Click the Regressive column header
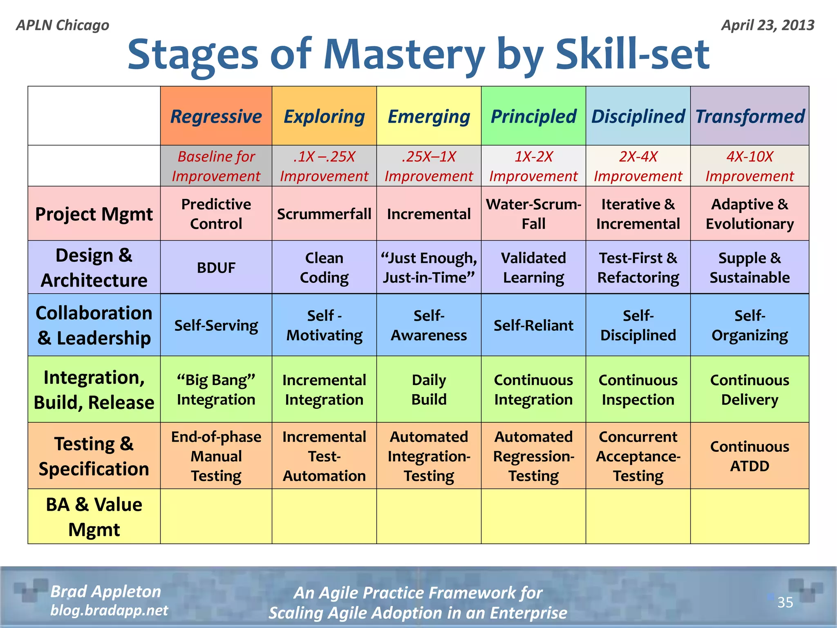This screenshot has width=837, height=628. [216, 116]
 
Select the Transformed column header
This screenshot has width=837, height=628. [750, 116]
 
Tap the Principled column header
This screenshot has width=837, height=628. [533, 116]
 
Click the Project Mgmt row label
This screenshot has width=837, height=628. [94, 214]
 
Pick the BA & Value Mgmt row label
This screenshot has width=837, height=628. [94, 517]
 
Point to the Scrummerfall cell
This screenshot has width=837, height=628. [324, 214]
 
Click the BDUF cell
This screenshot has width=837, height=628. [216, 268]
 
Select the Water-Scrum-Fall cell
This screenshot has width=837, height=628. [533, 214]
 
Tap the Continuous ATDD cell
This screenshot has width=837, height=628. [750, 456]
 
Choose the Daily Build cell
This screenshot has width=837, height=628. [429, 390]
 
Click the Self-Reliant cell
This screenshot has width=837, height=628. [533, 325]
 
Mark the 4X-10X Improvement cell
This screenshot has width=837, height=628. [750, 166]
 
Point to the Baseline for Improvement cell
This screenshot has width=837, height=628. [216, 166]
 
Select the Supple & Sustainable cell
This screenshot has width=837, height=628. [750, 268]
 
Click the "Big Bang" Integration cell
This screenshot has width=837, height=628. [216, 390]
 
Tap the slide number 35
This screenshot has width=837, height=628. [785, 602]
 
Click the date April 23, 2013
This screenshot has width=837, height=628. [768, 25]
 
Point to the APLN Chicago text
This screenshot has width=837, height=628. [63, 25]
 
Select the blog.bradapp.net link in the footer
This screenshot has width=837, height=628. [109, 610]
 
